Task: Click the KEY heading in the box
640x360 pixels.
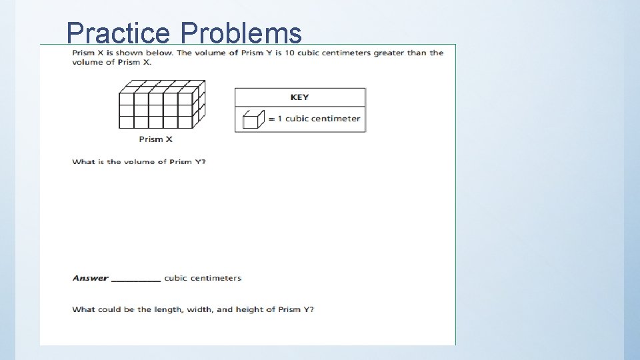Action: [299, 97]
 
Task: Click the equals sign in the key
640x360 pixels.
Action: [271, 119]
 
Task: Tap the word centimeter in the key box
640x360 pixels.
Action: [336, 119]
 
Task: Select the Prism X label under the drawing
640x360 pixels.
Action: [155, 139]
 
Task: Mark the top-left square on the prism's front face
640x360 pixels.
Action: [126, 99]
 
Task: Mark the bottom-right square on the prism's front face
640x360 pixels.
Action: [185, 122]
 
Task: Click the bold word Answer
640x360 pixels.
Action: [90, 278]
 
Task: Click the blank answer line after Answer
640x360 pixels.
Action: [136, 279]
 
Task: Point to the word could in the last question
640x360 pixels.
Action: [109, 309]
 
